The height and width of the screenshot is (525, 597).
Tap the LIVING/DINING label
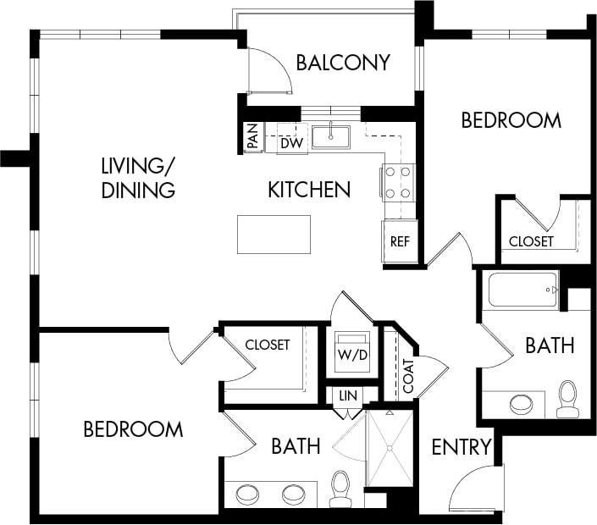[137, 177]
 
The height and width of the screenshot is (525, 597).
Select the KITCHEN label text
[309, 189]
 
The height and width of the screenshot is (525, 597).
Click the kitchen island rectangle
[274, 234]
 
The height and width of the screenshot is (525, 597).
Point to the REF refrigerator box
[400, 241]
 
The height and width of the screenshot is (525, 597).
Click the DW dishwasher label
[291, 143]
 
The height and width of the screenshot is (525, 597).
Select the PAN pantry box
[252, 136]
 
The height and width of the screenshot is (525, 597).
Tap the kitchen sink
[331, 135]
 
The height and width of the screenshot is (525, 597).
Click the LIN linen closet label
[345, 395]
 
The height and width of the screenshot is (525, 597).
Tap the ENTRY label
[462, 447]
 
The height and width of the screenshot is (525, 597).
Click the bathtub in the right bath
[523, 290]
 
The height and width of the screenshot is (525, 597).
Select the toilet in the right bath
[567, 399]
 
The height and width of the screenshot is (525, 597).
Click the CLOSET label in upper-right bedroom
[531, 241]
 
